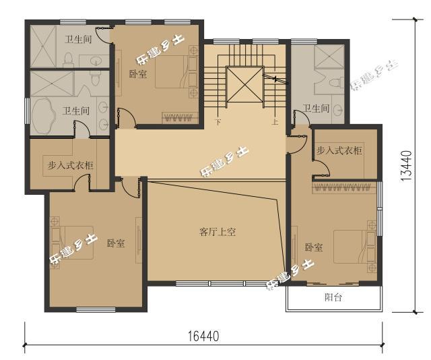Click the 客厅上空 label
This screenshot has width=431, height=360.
click(216, 232)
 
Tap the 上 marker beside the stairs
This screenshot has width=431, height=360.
click(275, 123)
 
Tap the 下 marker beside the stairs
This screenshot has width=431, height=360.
click(218, 123)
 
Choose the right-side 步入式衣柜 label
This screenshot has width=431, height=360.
click(339, 150)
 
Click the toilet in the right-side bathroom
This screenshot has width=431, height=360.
click(334, 82)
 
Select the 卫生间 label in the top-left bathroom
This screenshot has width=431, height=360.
click(78, 40)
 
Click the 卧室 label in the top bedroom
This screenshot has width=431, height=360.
click(137, 73)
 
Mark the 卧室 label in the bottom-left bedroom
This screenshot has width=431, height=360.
click(115, 243)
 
